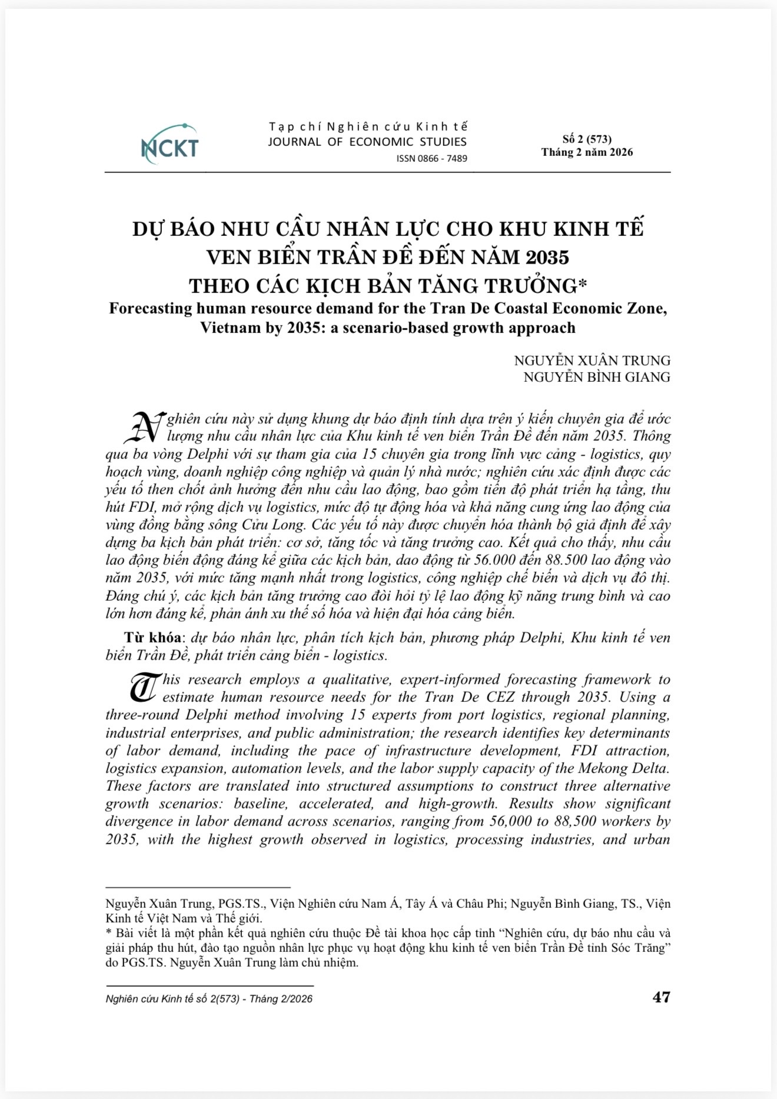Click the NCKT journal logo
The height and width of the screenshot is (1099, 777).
(x=170, y=145)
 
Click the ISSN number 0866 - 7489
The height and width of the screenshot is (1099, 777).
(x=432, y=158)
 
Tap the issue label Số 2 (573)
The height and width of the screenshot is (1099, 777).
(x=587, y=139)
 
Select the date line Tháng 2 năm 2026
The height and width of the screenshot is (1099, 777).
(x=587, y=152)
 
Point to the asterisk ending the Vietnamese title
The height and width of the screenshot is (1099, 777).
(x=583, y=284)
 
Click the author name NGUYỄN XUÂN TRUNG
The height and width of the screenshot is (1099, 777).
(x=592, y=361)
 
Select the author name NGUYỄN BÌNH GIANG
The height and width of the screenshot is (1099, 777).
(x=596, y=377)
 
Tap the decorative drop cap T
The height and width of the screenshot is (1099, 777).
(x=141, y=688)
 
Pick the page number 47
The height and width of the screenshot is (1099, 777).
(x=661, y=997)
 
